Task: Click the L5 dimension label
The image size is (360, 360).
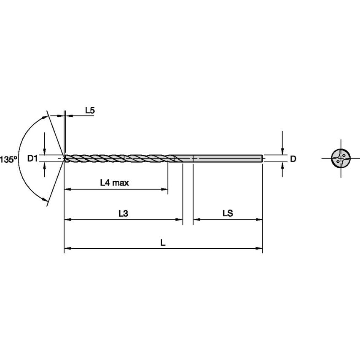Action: [x=90, y=111]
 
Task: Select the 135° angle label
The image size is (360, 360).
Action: [x=8, y=159]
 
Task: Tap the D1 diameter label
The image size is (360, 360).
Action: [x=32, y=159]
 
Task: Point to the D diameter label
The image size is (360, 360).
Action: [x=293, y=159]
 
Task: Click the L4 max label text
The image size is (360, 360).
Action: [x=114, y=183]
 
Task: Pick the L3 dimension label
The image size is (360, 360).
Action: [x=123, y=213]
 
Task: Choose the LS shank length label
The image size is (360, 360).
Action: [x=228, y=213]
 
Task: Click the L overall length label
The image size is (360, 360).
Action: [x=163, y=242]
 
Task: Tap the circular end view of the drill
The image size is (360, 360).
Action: [x=341, y=159]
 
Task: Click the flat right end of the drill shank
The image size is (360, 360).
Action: [x=262, y=159]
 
